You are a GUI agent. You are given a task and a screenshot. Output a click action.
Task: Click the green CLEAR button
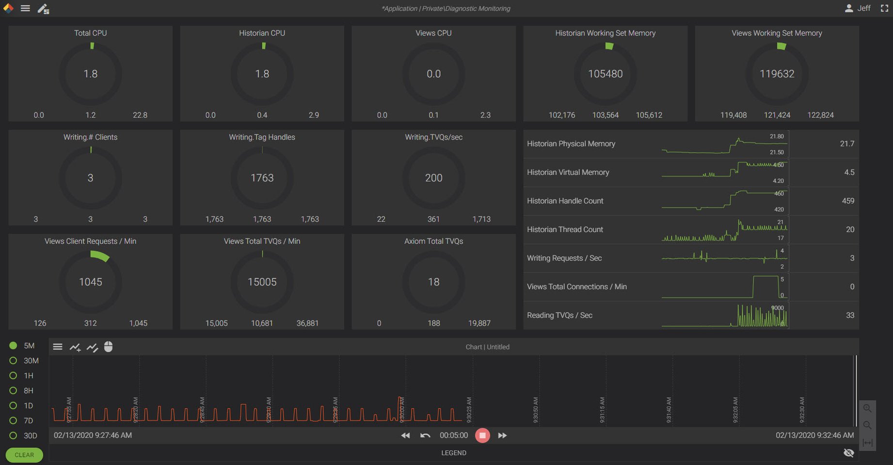[x=24, y=455]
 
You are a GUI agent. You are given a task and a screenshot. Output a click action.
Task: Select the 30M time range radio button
[x=13, y=361]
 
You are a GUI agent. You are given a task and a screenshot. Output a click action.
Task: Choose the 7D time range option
[x=13, y=420]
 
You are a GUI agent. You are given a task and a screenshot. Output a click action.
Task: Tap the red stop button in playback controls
[x=482, y=435]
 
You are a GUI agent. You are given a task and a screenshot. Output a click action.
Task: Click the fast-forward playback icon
[x=502, y=435]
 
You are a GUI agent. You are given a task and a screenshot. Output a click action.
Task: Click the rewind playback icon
[x=405, y=435]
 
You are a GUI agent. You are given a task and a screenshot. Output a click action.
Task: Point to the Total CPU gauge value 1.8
[x=90, y=74]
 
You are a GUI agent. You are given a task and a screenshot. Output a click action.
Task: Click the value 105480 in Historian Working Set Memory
[x=605, y=74]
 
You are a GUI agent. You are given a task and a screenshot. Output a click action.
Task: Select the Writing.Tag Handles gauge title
[x=262, y=137]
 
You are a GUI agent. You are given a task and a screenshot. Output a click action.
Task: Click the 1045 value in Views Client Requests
[x=90, y=282]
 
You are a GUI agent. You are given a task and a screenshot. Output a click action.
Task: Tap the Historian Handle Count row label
[x=565, y=201]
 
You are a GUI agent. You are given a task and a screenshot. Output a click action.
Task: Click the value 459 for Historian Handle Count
[x=847, y=201]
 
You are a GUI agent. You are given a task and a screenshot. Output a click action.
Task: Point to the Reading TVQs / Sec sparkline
[x=725, y=316]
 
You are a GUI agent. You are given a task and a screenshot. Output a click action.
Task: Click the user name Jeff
[x=863, y=8]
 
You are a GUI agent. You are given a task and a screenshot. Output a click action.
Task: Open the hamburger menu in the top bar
[x=25, y=8]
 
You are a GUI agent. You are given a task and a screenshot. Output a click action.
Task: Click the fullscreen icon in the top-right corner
[x=884, y=8]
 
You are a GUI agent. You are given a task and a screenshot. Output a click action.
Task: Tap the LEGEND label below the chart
[x=453, y=453]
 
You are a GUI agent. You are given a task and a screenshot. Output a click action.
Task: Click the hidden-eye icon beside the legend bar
[x=848, y=453]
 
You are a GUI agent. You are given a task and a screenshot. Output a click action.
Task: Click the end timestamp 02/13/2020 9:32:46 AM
[x=814, y=435]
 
